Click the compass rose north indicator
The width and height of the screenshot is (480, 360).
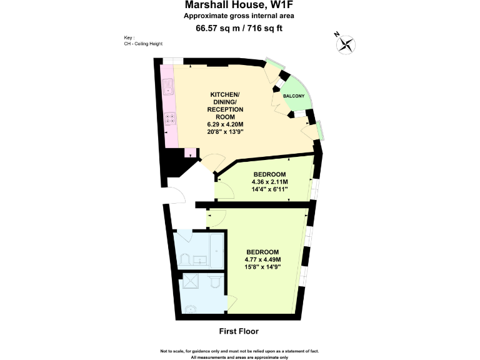[346, 44]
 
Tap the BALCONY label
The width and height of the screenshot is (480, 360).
[294, 96]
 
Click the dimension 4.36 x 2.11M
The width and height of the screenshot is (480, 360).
[269, 182]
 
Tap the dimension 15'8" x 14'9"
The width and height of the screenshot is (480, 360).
[262, 267]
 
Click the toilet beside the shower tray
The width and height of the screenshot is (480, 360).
[215, 284]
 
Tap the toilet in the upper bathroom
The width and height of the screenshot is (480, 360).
[186, 258]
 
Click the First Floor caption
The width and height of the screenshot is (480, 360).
[239, 331]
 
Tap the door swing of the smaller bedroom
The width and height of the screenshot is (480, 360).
[221, 187]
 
